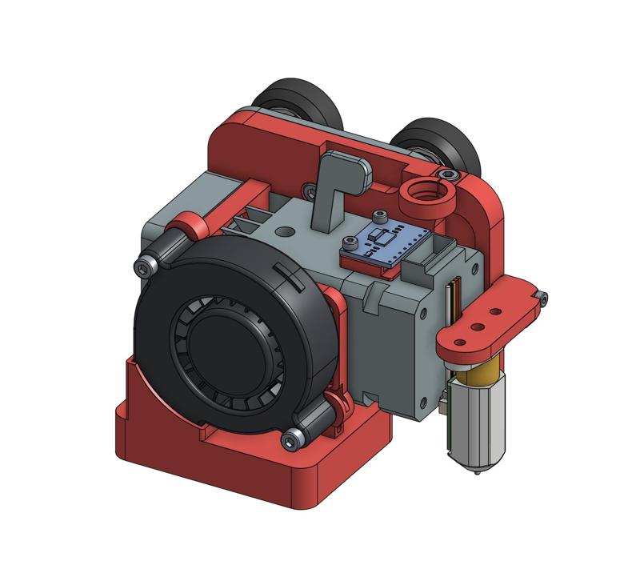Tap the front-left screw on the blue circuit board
click(347, 242)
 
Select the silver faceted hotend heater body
click(477, 424)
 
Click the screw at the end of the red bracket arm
click(543, 298)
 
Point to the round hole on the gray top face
click(285, 230)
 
